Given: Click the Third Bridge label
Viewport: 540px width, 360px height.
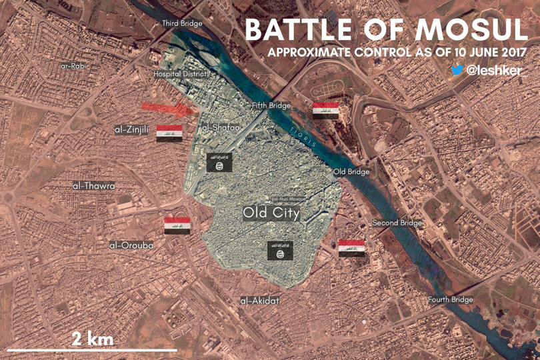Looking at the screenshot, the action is tap(182, 24).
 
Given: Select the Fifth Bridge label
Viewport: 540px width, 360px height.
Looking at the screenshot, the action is tap(271, 106).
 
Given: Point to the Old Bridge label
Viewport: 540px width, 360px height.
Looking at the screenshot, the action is tap(351, 172).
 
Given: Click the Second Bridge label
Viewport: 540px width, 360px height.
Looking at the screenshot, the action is tap(397, 223).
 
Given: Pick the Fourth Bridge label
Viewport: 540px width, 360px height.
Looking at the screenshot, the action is tap(450, 300).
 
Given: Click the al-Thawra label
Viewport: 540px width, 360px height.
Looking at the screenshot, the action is tap(94, 185).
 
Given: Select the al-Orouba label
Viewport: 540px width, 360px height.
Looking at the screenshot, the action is tap(131, 245).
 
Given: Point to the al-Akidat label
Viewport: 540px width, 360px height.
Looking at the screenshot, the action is tap(260, 301).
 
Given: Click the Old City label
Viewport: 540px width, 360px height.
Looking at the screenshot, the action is tap(271, 213).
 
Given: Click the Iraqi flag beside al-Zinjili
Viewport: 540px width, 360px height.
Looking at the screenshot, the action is tap(169, 133).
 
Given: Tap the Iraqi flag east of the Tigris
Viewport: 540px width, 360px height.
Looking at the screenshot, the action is tap(326, 111).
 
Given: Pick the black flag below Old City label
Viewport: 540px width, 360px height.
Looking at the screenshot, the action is tap(280, 251).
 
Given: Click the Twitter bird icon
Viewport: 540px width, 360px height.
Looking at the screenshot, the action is tap(457, 70).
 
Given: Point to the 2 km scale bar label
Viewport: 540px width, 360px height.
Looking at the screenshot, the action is tap(93, 338).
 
